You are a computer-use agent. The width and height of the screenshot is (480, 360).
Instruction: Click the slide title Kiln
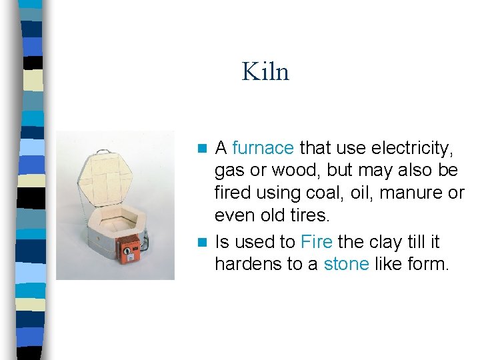265,71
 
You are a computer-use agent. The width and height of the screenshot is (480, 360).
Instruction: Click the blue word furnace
263,147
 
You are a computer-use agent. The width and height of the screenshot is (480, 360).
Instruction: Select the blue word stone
346,264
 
